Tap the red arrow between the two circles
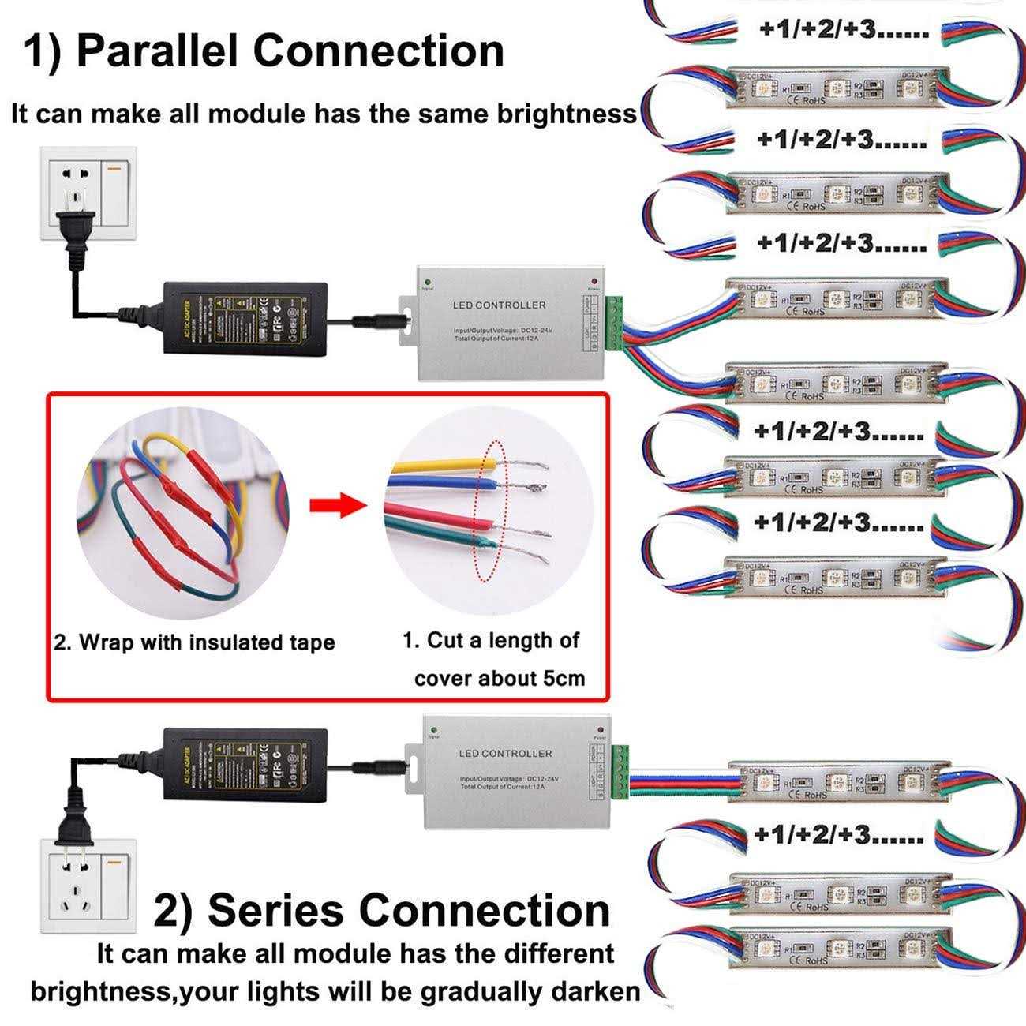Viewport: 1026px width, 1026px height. (x=338, y=506)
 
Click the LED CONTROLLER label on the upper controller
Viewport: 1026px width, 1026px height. (x=499, y=305)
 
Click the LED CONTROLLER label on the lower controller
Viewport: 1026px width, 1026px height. (x=505, y=753)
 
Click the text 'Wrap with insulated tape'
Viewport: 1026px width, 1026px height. (x=194, y=642)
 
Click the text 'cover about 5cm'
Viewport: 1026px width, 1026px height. (x=500, y=678)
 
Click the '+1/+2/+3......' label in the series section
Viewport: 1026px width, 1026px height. (x=838, y=833)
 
